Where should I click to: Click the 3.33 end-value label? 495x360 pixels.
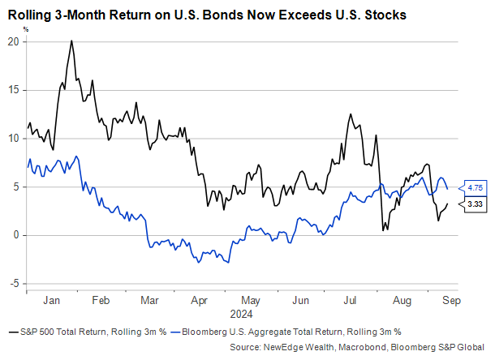pyautogui.click(x=475, y=206)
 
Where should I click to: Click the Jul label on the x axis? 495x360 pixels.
pyautogui.click(x=350, y=300)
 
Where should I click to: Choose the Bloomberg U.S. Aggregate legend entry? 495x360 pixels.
pyautogui.click(x=291, y=332)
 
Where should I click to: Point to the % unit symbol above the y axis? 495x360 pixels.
pyautogui.click(x=25, y=28)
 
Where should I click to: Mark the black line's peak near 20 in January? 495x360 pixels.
pyautogui.click(x=71, y=41)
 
